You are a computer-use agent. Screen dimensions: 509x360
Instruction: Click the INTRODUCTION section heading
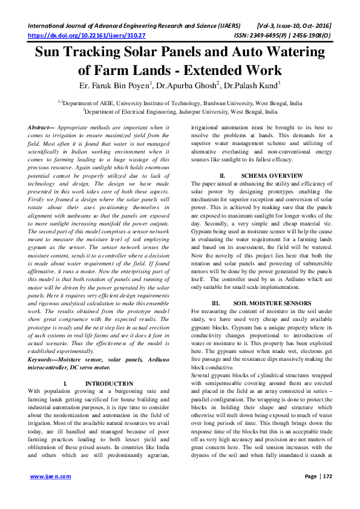pos(109,384)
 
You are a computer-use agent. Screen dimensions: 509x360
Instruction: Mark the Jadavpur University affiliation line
pos(180,112)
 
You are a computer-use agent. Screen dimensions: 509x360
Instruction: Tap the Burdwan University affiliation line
pos(180,103)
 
